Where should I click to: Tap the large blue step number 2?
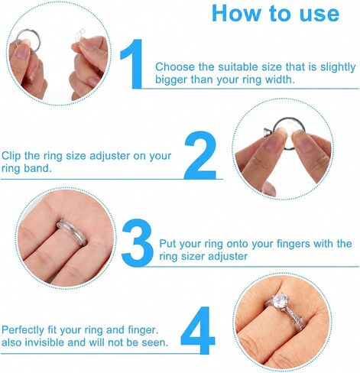pos(200,155)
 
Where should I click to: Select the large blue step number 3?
pos(138,242)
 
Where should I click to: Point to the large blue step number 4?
pos(198,330)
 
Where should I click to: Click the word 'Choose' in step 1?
pos(175,67)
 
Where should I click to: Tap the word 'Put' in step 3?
pos(167,244)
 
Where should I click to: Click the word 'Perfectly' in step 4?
pos(23,330)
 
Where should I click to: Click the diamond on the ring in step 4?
pos(281,300)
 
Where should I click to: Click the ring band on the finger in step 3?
pos(73,232)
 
